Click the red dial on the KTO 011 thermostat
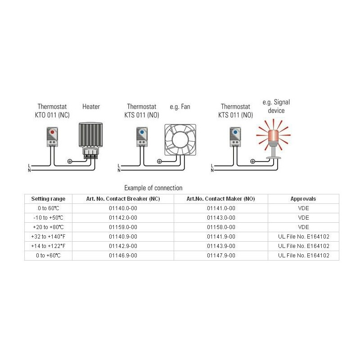click(x=52, y=132)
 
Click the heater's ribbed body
click(x=91, y=135)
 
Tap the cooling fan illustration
click(x=180, y=140)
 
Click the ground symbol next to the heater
click(x=70, y=162)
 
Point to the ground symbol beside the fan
click(x=159, y=162)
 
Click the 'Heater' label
click(x=91, y=107)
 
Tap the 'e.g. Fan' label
click(x=180, y=107)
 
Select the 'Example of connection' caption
click(x=153, y=188)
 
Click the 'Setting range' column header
click(x=48, y=199)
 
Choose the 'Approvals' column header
click(x=303, y=199)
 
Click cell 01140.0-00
click(x=123, y=208)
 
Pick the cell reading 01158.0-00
click(x=221, y=227)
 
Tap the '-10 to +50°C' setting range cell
click(x=48, y=218)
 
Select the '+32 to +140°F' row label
click(x=48, y=237)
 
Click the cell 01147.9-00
click(x=221, y=255)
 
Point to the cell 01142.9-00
click(x=123, y=246)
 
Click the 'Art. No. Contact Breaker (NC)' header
click(x=123, y=199)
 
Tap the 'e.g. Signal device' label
click(x=276, y=106)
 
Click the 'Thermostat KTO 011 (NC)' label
click(x=52, y=111)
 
